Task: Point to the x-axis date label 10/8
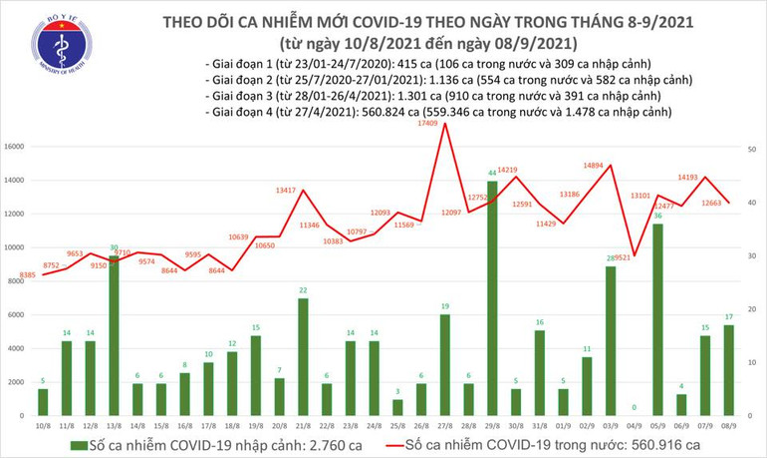[44, 424]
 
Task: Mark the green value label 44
[492, 174]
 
